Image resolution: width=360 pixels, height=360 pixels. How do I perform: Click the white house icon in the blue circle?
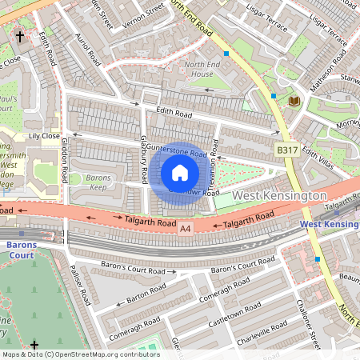[x=180, y=173]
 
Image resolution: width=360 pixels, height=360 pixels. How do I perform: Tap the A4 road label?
[x=186, y=230]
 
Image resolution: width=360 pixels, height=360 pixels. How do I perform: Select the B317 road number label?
[x=287, y=150]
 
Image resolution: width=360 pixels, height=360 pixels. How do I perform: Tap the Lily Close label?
[x=45, y=137]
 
